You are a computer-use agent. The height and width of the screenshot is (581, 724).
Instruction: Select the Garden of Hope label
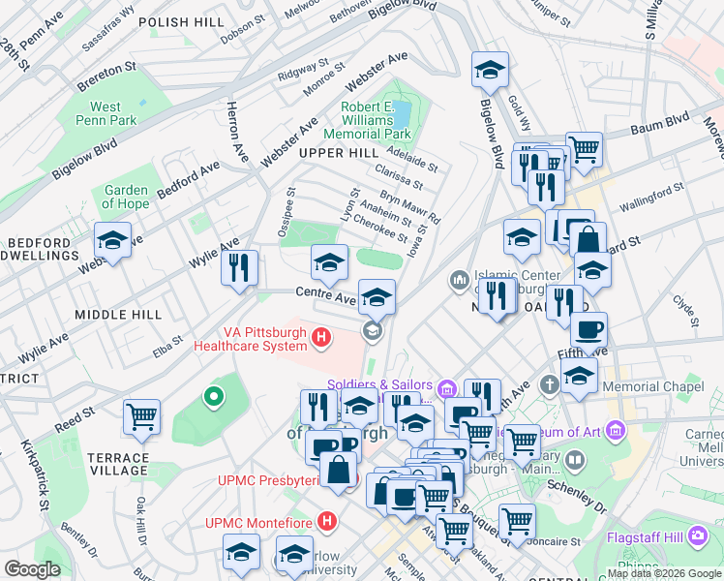tap(126, 197)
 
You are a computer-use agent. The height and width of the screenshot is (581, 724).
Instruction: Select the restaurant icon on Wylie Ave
tap(239, 267)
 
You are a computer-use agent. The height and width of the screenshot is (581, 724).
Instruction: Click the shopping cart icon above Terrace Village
tap(142, 417)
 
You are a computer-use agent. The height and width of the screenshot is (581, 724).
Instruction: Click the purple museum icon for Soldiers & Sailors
tap(446, 389)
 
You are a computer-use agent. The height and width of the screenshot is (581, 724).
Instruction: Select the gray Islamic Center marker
tap(459, 281)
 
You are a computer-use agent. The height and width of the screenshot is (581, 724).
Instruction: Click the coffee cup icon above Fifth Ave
tap(588, 330)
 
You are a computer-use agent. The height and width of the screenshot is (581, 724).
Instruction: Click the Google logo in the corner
tap(33, 569)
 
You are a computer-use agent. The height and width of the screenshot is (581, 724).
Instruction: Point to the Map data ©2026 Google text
tap(663, 573)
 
